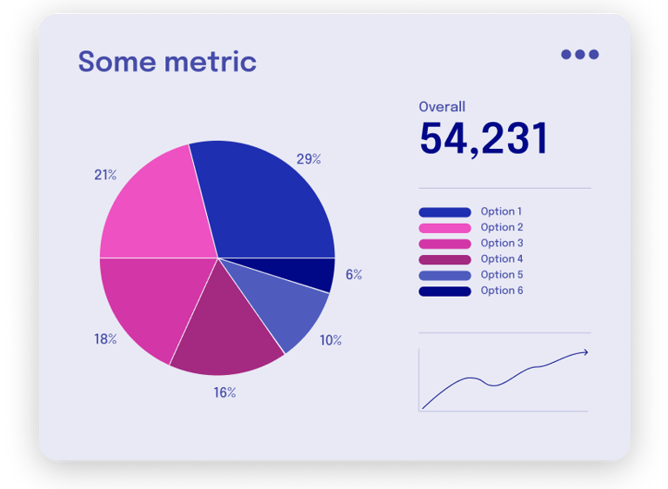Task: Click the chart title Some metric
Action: coord(167,62)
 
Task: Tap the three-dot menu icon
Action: coord(579,54)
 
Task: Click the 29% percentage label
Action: coord(309,159)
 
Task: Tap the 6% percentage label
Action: coord(353,275)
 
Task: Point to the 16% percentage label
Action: coord(224,392)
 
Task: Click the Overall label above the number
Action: coord(442,107)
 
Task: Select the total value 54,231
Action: coord(484,139)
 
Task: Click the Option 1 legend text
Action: coord(502,211)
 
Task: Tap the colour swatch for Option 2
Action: coord(444,228)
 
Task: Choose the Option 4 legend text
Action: coord(502,259)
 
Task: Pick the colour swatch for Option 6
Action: coord(444,291)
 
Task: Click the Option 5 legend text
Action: coord(502,275)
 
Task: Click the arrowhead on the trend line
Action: coord(584,352)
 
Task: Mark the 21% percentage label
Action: coord(105,175)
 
